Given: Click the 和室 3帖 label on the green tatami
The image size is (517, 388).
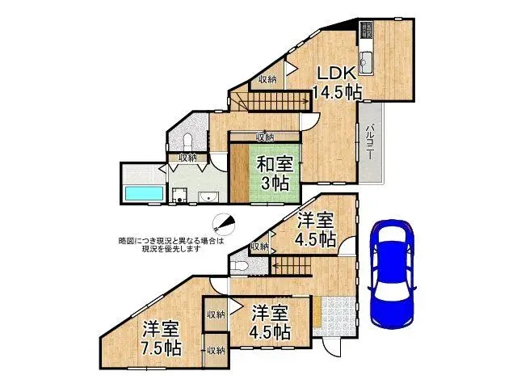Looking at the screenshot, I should pyautogui.click(x=275, y=172).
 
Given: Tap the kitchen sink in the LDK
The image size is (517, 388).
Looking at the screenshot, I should pyautogui.click(x=367, y=60).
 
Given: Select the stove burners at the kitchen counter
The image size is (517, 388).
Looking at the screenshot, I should pyautogui.click(x=366, y=31).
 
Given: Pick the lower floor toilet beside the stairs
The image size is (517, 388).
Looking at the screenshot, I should pyautogui.click(x=239, y=266).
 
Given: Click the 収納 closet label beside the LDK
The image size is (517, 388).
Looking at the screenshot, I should pyautogui.click(x=268, y=79).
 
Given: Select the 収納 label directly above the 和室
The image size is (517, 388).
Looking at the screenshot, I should pyautogui.click(x=265, y=137).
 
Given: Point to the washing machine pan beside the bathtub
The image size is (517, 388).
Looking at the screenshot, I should pyautogui.click(x=180, y=195).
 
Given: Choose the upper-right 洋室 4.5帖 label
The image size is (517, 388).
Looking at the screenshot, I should pyautogui.click(x=315, y=230).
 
